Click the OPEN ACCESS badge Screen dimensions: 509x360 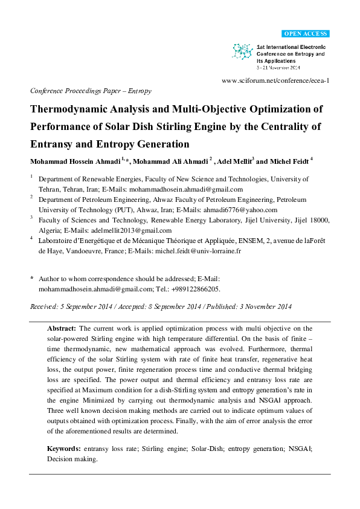306,33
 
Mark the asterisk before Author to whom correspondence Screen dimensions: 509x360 31,279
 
